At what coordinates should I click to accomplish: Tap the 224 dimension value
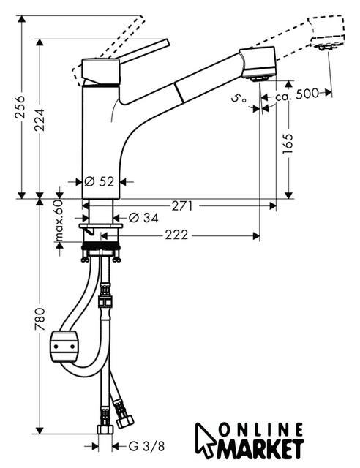(40, 120)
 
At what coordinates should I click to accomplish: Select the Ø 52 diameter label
(100, 181)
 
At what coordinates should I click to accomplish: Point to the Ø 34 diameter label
(143, 218)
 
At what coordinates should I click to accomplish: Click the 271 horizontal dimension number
(182, 206)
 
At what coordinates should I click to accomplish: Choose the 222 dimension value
(176, 235)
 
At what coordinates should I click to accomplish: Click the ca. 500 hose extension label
(297, 95)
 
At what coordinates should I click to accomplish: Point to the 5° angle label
(239, 99)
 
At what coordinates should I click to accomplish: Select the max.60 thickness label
(59, 220)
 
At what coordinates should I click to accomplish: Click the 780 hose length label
(40, 319)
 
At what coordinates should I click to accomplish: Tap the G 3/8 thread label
(146, 447)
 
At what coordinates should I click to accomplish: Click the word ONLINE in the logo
(260, 431)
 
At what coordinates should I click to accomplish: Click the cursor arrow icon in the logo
(206, 440)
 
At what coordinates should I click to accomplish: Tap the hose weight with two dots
(64, 347)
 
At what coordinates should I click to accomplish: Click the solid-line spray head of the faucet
(258, 64)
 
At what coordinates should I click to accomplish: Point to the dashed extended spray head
(327, 32)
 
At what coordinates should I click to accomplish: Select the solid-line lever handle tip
(166, 42)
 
